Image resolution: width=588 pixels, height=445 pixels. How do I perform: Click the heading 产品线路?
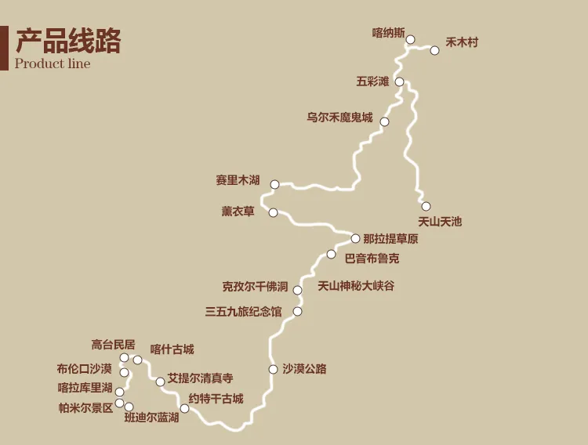click(68, 41)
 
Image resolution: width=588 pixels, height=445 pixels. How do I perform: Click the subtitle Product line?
click(53, 64)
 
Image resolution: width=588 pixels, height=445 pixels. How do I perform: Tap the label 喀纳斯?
click(388, 34)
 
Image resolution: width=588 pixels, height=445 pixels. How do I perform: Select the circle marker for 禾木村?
click(434, 50)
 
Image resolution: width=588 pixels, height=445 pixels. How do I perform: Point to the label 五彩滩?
click(372, 81)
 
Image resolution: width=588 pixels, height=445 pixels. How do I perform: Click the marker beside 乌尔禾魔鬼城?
click(384, 121)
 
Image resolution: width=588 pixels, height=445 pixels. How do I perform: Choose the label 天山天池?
click(440, 222)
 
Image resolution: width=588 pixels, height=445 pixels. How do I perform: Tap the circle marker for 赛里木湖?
click(274, 185)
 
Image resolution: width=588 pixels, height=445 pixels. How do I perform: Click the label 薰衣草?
click(238, 212)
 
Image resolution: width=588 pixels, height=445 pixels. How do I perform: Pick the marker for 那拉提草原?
click(355, 238)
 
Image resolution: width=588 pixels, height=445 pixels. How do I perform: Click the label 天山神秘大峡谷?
click(356, 286)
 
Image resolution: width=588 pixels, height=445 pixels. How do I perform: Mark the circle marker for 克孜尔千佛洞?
click(297, 290)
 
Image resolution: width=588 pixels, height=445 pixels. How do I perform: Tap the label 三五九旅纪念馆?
click(243, 312)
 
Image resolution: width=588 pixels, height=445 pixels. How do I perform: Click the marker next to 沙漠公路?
click(273, 369)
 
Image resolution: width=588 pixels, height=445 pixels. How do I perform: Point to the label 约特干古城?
click(216, 399)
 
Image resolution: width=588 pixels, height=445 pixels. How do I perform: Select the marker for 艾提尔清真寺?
click(160, 382)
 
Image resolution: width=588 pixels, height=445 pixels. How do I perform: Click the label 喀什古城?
click(172, 349)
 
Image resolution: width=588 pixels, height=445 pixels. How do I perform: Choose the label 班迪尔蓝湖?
click(151, 418)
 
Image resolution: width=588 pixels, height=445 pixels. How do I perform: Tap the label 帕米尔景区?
click(85, 407)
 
